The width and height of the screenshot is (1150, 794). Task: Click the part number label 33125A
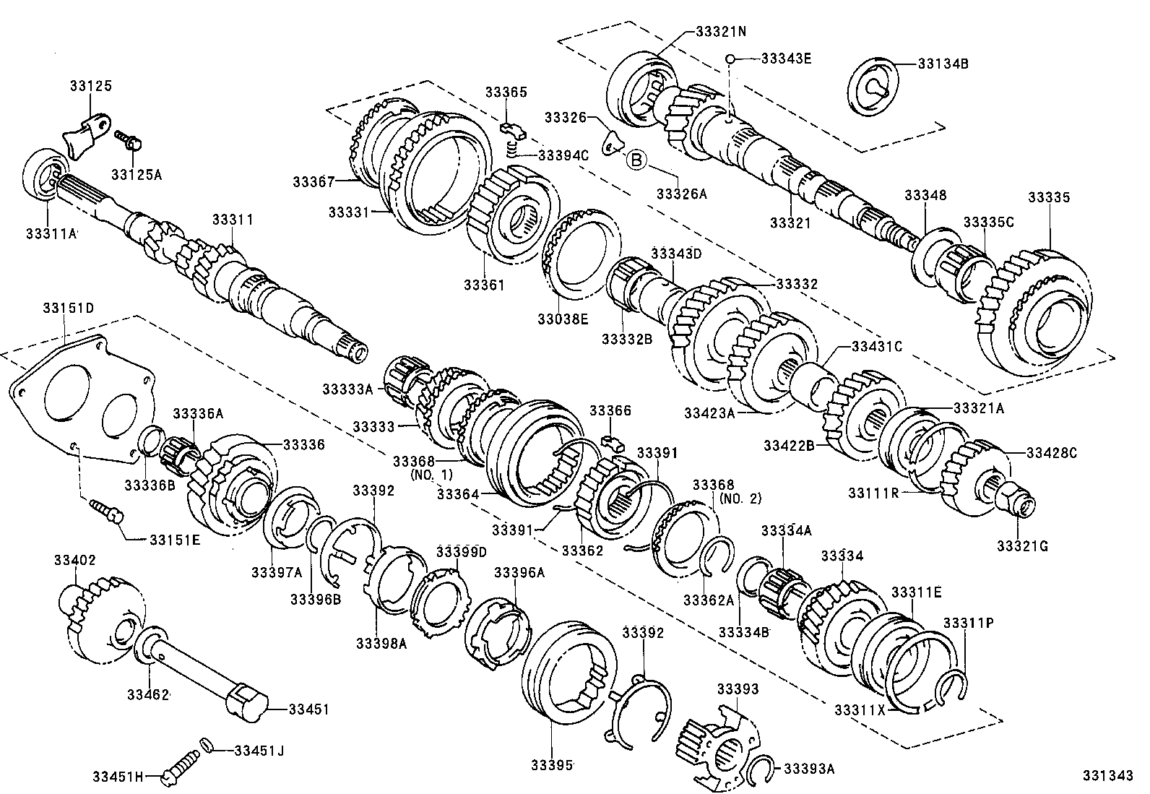[x=137, y=174]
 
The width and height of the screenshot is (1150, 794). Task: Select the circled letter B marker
[x=636, y=159]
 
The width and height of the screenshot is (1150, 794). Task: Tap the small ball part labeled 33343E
[x=731, y=59]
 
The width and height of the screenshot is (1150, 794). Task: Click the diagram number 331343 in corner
[x=1107, y=775]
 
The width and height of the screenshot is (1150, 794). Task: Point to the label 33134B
[x=943, y=64]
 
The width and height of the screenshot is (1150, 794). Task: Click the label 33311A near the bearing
[x=51, y=233]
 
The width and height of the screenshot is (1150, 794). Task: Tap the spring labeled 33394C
[x=512, y=150]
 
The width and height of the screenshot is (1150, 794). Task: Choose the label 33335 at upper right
[x=1049, y=197]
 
